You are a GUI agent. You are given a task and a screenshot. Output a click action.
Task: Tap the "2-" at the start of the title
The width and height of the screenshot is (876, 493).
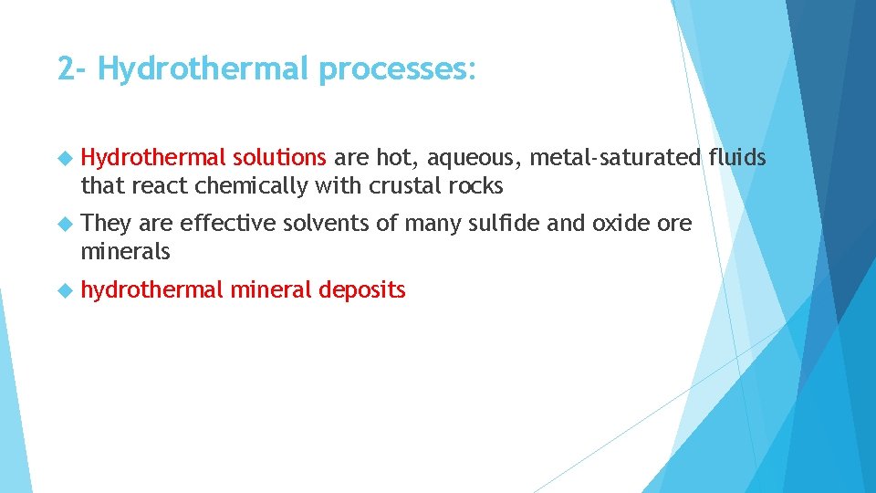coord(73,69)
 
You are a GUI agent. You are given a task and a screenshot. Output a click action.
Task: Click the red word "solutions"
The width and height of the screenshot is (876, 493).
coord(279,158)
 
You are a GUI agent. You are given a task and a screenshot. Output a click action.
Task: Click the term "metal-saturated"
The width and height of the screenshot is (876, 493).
coord(616,158)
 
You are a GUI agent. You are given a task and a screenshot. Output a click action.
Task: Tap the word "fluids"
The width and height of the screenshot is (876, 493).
coord(737,158)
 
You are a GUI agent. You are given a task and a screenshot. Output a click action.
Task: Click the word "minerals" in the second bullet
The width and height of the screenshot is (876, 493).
coord(125,251)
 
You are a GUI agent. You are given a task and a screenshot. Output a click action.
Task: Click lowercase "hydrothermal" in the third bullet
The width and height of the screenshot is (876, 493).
coord(151,290)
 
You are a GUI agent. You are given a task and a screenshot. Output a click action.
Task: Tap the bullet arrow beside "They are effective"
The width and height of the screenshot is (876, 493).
coord(64,224)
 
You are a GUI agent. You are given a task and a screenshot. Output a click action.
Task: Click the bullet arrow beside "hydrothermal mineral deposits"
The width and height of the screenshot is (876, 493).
coord(64,290)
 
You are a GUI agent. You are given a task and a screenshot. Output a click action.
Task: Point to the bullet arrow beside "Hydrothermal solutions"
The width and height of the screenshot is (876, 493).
coord(64,158)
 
